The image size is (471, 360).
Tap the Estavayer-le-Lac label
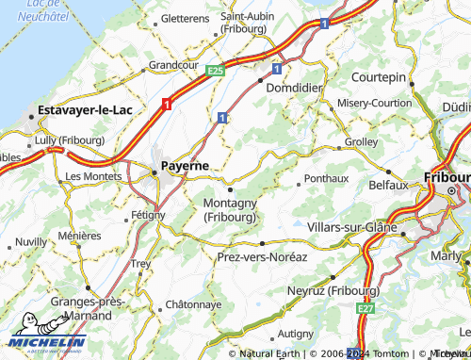point(83,109)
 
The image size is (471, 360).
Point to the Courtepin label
point(378,75)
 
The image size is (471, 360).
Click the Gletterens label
point(185,17)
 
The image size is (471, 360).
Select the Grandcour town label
point(173,65)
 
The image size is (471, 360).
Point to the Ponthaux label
point(326,177)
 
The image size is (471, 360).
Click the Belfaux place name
point(388,185)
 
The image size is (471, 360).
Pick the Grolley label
point(362,141)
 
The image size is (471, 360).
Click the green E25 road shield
point(215,70)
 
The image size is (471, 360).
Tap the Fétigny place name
point(148,215)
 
